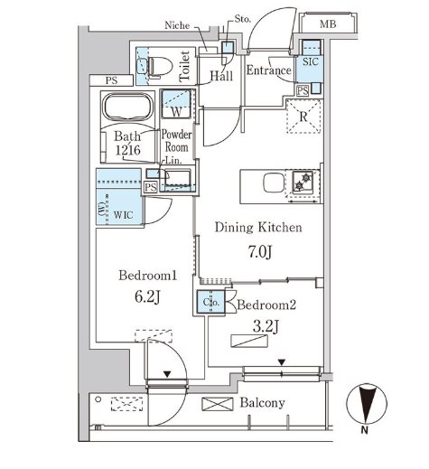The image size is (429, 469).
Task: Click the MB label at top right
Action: point(328,23)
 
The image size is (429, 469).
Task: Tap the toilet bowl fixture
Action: point(161,67)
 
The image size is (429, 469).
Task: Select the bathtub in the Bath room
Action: point(127,108)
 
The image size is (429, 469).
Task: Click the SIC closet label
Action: point(310,61)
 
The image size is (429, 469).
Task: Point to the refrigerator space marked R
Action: point(303,116)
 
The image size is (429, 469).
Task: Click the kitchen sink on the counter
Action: point(274,183)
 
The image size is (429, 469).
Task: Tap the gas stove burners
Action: point(303,181)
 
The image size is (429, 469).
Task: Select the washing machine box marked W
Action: point(176,104)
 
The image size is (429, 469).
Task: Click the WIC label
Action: point(124,215)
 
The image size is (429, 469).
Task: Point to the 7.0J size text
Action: point(260,252)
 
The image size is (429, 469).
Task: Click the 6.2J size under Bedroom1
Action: point(147,297)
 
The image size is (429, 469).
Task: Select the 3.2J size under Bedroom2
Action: point(266,326)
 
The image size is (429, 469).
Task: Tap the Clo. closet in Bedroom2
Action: point(211,302)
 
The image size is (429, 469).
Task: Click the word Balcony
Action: point(262,403)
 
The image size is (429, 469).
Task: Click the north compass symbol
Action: point(367,405)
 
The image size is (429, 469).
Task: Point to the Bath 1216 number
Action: point(128,150)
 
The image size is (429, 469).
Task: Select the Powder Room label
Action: point(177,141)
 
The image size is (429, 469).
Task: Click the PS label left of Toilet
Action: point(112,80)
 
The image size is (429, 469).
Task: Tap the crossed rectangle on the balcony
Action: point(218,404)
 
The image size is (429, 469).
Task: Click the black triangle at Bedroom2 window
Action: point(282,362)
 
